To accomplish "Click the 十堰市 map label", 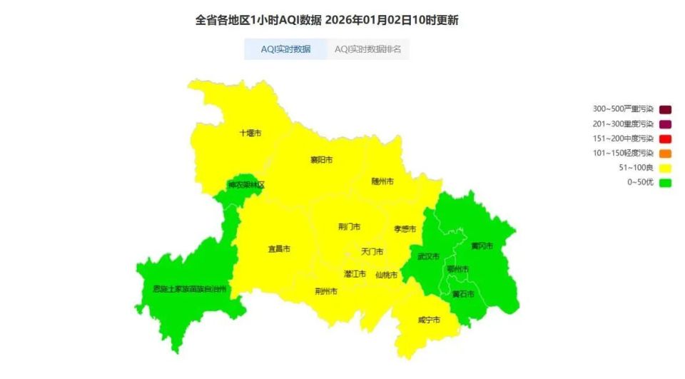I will click(x=250, y=133).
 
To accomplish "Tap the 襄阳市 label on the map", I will click(x=321, y=160).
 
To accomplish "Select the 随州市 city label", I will click(x=382, y=181).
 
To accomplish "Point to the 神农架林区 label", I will click(x=246, y=185).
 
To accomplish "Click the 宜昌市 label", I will click(x=278, y=249).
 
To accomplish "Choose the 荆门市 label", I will click(x=349, y=227).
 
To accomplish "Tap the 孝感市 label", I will click(x=405, y=229).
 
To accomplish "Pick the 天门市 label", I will click(x=372, y=252).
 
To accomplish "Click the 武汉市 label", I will click(x=428, y=256).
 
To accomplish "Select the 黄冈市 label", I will click(x=482, y=246).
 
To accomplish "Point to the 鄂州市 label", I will click(x=457, y=269).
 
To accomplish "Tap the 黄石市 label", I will click(x=463, y=293).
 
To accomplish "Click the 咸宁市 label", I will click(x=429, y=320).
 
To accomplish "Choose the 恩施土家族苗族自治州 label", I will click(x=190, y=289).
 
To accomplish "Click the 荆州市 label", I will click(x=326, y=291).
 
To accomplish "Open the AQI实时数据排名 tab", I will click(x=367, y=49).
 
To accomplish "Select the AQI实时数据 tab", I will click(x=285, y=49).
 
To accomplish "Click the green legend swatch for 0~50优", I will click(x=666, y=183).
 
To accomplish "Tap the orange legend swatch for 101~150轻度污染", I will click(x=666, y=153).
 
